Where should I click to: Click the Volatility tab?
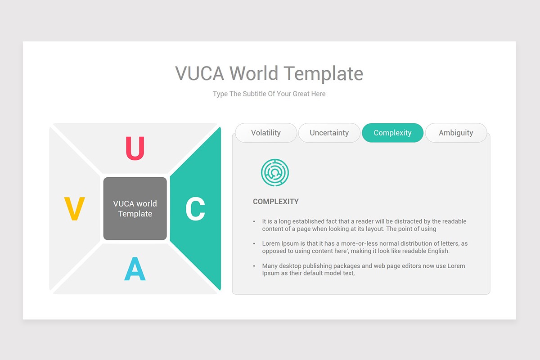(x=266, y=133)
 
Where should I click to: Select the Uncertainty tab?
(x=329, y=133)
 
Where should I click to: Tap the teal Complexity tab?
(x=392, y=133)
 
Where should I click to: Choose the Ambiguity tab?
(x=456, y=133)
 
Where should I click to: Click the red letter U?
(x=135, y=148)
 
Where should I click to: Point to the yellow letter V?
(x=74, y=209)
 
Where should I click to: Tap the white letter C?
(x=195, y=209)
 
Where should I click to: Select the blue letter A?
(x=135, y=270)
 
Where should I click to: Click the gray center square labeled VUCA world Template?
(x=135, y=208)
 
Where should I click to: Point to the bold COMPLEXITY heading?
(x=275, y=202)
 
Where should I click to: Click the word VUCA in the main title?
(x=199, y=73)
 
